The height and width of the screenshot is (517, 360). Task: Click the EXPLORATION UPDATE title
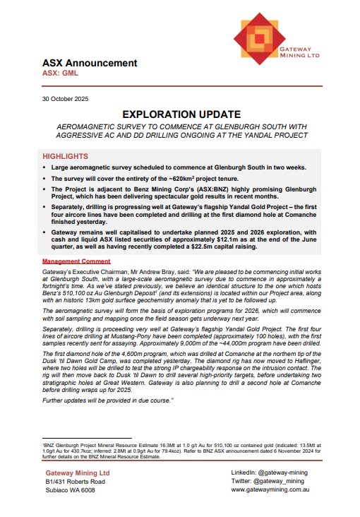[181, 114]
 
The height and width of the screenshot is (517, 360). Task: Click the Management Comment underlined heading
[76, 261]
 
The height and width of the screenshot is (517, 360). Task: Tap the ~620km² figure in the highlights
[176, 179]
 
